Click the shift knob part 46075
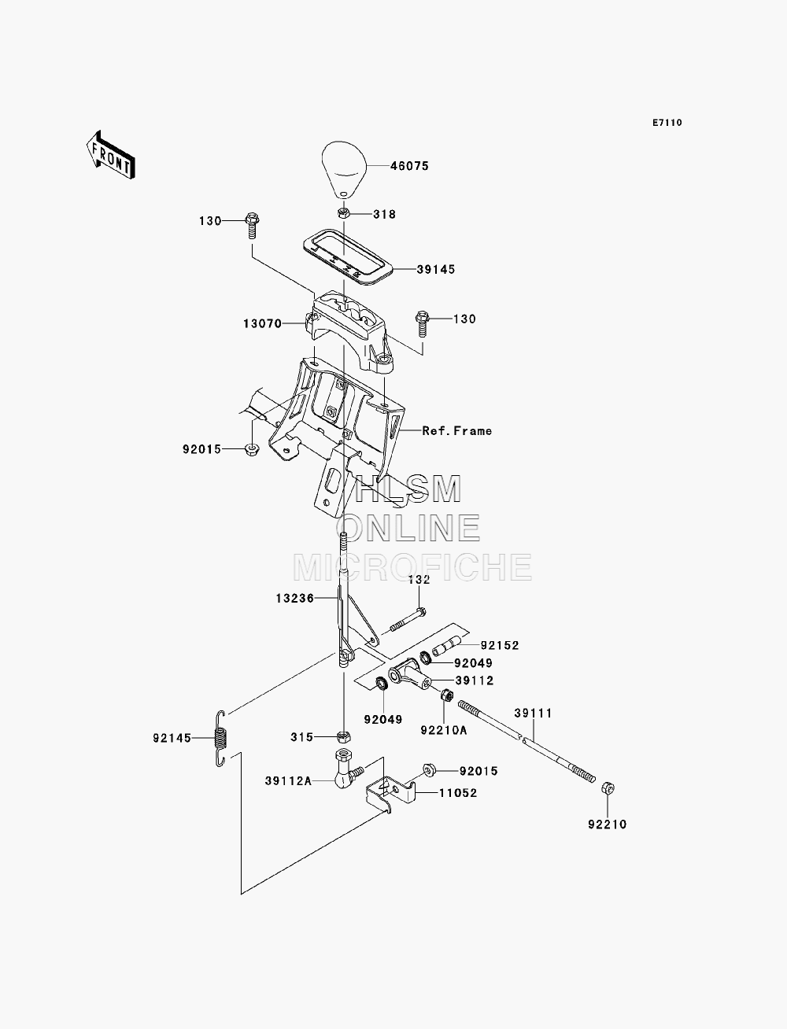344,170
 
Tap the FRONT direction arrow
111,155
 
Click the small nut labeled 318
343,213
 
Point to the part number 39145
436,270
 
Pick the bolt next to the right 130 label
422,324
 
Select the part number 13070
262,323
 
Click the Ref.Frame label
456,431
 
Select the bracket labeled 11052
390,795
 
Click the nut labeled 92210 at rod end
608,788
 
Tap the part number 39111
534,713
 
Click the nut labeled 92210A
447,695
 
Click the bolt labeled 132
407,619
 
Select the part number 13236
294,599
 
